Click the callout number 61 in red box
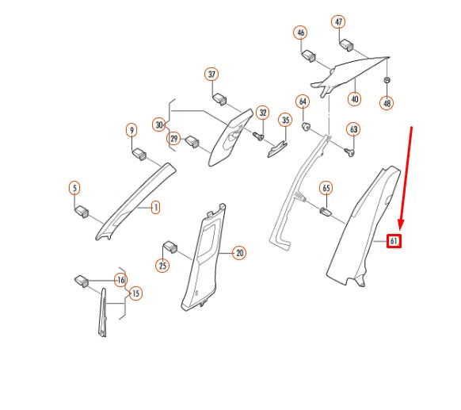click(394, 240)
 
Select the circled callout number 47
click(338, 21)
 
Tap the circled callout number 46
click(300, 33)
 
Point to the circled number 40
click(354, 99)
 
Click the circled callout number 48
click(387, 103)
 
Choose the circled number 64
click(303, 102)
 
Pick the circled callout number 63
click(353, 129)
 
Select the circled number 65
click(326, 188)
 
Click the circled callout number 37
click(211, 75)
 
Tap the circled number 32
click(262, 113)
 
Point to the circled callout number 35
click(285, 120)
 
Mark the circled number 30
click(159, 125)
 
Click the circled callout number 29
click(173, 139)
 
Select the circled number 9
click(132, 129)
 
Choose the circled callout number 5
click(74, 188)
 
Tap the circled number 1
click(155, 208)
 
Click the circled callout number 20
click(239, 253)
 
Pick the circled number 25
click(163, 266)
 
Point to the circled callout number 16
click(120, 280)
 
